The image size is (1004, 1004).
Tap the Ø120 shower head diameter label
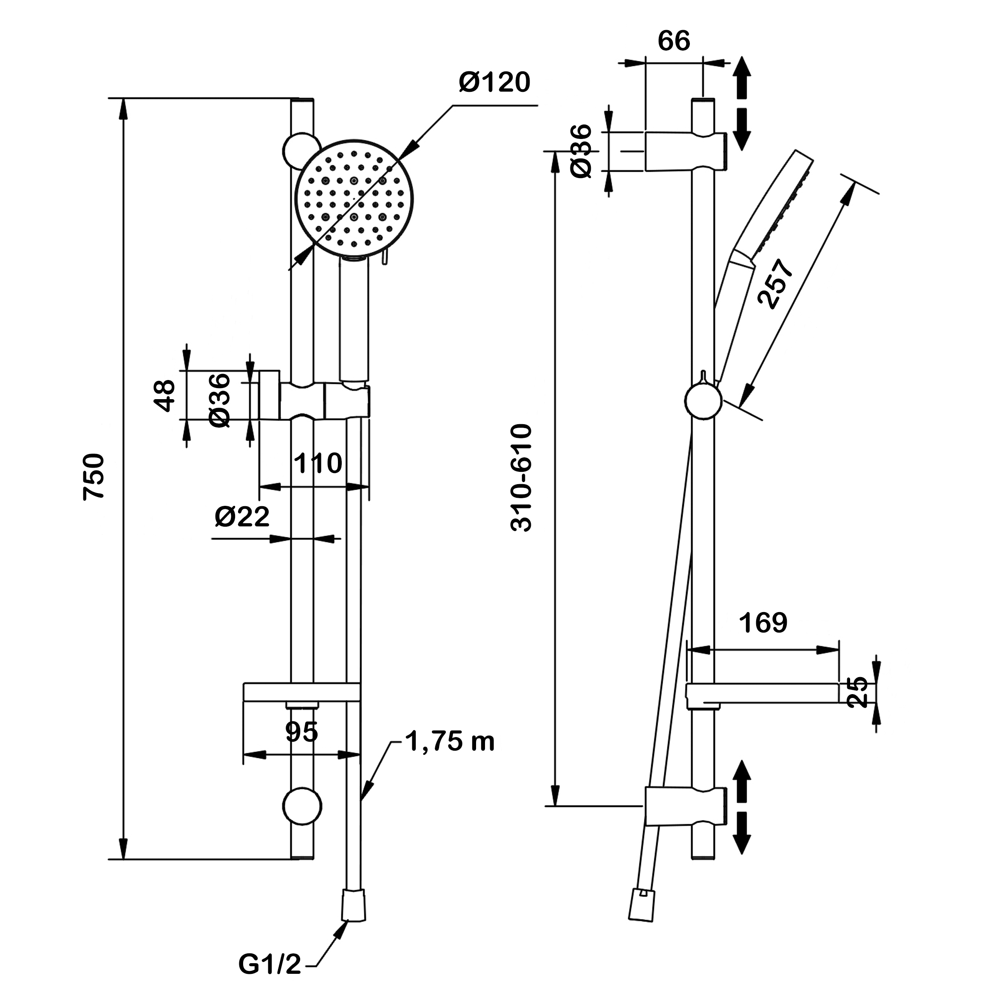494,82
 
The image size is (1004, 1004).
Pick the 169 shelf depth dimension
763,623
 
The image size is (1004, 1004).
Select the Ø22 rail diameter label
242,516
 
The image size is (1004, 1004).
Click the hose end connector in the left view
353,905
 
